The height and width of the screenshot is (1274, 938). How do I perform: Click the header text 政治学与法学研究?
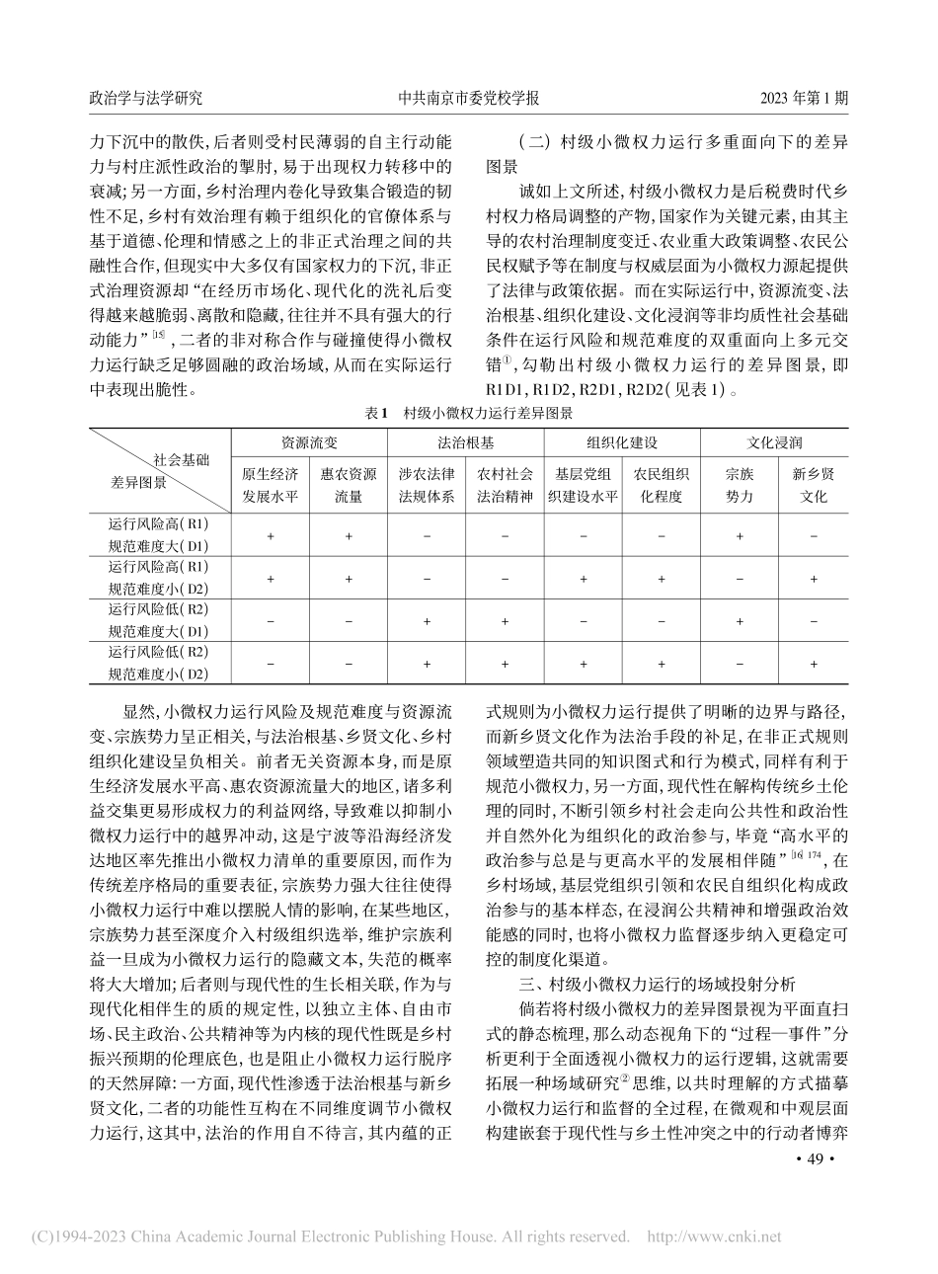click(146, 99)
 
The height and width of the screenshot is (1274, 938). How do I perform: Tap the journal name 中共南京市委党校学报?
click(468, 99)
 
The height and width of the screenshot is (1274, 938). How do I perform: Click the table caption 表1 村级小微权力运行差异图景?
click(469, 415)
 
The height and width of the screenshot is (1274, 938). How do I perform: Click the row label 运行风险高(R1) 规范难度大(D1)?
click(159, 534)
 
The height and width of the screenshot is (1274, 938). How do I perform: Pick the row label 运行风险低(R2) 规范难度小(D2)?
click(159, 664)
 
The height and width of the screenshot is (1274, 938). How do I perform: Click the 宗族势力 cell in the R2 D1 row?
click(739, 621)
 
